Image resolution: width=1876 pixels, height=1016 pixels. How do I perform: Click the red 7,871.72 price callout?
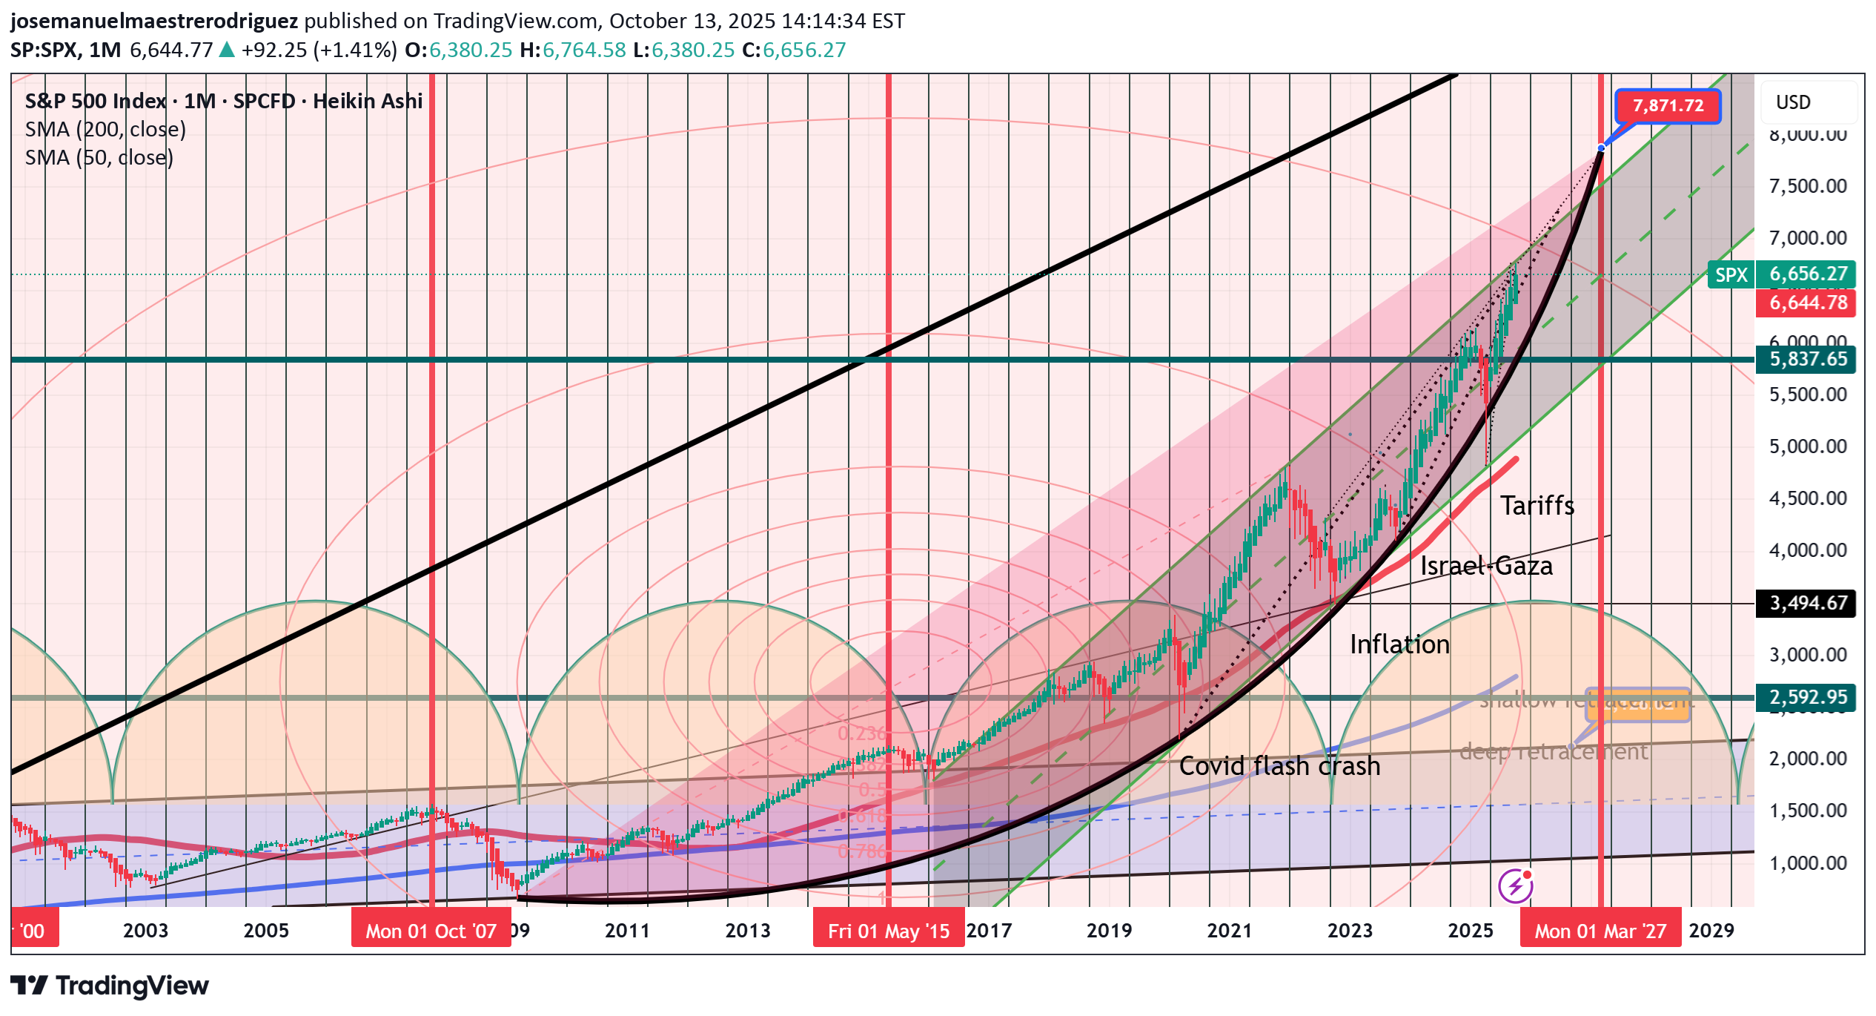(1667, 106)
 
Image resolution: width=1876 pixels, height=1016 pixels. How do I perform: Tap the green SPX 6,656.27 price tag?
(1781, 274)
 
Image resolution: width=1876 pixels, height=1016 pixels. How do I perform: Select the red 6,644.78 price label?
(1806, 303)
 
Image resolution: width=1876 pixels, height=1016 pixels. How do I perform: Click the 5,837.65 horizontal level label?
(1806, 360)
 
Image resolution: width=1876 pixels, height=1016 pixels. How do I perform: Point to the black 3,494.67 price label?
(1806, 603)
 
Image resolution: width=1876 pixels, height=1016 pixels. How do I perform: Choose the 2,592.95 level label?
(1806, 698)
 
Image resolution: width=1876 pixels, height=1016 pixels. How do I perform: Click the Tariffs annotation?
(1537, 506)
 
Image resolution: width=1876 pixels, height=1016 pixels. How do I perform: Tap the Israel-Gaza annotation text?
(1485, 567)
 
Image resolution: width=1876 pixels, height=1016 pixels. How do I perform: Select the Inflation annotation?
(1399, 644)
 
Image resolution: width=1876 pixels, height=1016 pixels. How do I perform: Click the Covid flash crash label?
(1279, 766)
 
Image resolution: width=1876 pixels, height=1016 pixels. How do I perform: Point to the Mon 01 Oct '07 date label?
(431, 931)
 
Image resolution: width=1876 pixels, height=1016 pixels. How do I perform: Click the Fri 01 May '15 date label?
(888, 931)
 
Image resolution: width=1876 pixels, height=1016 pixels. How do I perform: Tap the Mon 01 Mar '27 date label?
(1600, 931)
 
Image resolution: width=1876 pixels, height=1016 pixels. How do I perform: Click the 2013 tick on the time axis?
(747, 931)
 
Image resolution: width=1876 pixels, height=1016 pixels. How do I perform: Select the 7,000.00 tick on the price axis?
(1807, 238)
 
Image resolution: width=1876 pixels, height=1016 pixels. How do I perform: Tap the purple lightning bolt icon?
(1515, 885)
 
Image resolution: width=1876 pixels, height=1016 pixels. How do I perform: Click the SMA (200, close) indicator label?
(105, 130)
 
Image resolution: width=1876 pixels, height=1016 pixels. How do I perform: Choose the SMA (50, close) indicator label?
(99, 158)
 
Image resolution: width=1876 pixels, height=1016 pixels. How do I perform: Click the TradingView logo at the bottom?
(110, 986)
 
